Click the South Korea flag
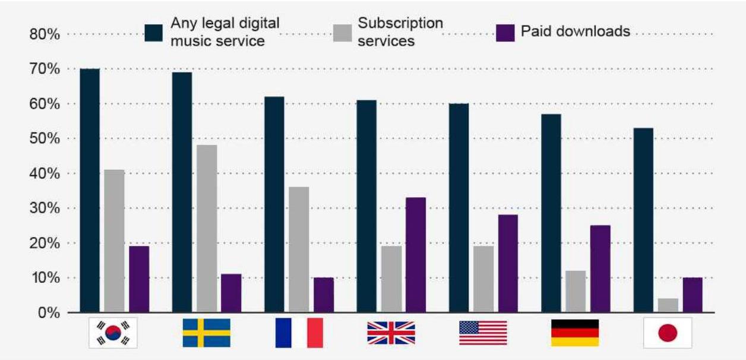(113, 333)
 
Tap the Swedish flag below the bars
(206, 333)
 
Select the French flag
(299, 333)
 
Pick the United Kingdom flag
(391, 333)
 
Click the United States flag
(483, 333)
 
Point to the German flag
(575, 333)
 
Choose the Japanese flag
(668, 333)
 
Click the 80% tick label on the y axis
(45, 34)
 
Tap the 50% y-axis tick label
(45, 139)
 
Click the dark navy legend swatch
(154, 33)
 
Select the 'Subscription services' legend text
(400, 32)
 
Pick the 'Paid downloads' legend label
(576, 31)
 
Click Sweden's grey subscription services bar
(207, 229)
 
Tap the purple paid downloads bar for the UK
(416, 255)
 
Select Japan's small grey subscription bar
(668, 305)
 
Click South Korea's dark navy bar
(90, 190)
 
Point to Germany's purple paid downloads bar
(600, 269)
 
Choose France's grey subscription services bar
(299, 250)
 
